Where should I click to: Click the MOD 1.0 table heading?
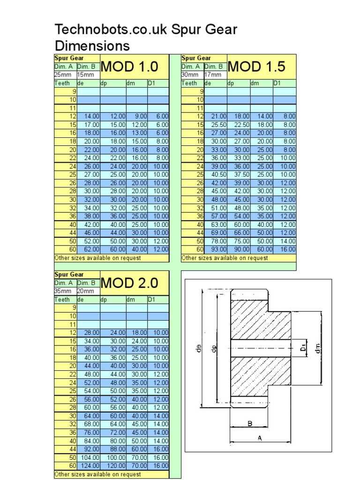129,67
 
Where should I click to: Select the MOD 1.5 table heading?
256,67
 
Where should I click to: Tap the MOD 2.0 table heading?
129,283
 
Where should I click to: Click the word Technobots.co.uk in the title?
111,30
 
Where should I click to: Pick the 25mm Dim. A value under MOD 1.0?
63,75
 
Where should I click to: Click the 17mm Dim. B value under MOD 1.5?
213,75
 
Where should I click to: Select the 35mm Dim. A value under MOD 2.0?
63,291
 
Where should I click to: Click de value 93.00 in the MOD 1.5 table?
219,249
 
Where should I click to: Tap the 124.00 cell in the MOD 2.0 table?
90,466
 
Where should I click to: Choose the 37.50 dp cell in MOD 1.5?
242,174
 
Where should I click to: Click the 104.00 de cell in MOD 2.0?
90,457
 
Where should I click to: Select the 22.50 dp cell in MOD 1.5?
242,125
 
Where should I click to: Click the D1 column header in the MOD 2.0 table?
151,300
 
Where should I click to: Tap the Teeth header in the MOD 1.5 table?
189,83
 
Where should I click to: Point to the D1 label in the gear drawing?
303,348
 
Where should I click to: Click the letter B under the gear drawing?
250,424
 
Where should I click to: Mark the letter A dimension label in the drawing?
260,438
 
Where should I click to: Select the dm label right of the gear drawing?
318,348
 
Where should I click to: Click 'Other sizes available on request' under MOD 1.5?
225,258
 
